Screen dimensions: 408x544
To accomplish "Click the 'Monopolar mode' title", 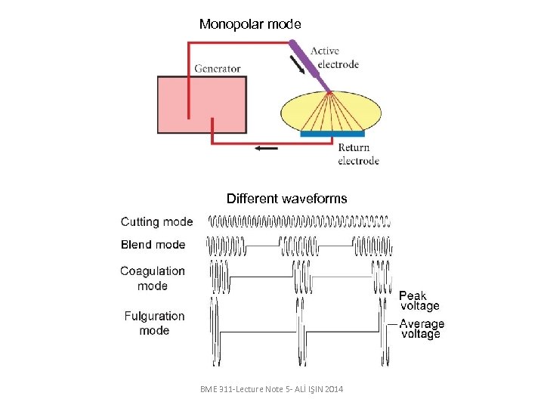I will pos(250,24).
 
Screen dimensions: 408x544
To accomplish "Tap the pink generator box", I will pos(202,105).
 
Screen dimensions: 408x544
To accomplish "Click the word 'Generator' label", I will pos(218,69).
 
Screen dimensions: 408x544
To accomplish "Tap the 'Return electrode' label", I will pos(358,154).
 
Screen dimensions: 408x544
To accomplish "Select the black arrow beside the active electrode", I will pos(298,66).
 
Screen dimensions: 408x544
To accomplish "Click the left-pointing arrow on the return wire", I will pos(266,148).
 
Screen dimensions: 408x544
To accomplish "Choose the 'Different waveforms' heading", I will pos(286,199).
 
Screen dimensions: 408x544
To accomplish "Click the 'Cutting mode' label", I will pos(156,222).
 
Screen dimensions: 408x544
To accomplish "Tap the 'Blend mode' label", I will pos(153,245).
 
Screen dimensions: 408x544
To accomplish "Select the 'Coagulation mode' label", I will pos(153,278).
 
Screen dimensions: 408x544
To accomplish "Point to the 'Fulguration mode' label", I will pos(154,323).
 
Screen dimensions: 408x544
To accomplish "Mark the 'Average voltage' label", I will pos(422,329).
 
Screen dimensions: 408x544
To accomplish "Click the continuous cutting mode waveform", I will pos(299,222).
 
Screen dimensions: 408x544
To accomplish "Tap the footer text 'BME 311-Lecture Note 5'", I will pos(271,388).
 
